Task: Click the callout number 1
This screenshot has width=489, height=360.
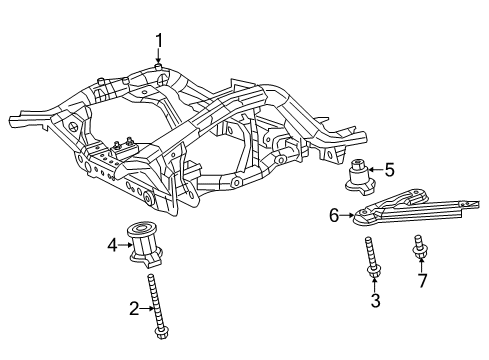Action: [x=158, y=40]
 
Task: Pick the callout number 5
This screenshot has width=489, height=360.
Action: [x=390, y=169]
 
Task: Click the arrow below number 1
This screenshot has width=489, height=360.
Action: [x=158, y=58]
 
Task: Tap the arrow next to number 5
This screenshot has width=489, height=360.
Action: [x=376, y=169]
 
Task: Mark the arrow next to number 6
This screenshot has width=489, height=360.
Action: [x=350, y=212]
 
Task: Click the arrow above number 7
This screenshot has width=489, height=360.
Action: [x=421, y=262]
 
